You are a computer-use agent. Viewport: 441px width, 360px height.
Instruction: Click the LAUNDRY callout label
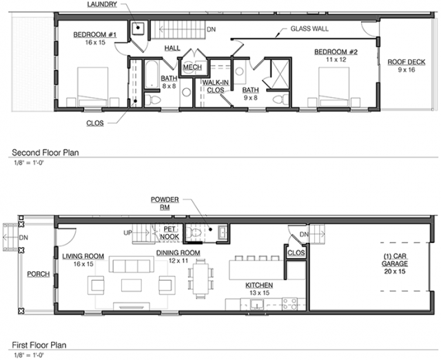point(102,5)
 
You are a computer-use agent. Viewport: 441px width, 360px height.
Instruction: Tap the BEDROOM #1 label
point(95,35)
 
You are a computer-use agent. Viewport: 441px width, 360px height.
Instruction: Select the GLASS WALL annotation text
point(309,29)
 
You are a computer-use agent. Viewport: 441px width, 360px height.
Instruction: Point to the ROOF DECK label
point(407,62)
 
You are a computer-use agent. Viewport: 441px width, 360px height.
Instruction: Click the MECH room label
point(192,67)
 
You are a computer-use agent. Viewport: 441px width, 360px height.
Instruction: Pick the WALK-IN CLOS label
point(216,86)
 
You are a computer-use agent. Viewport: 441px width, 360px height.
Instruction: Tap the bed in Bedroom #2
point(334,87)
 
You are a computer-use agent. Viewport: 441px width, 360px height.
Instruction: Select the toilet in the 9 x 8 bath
point(280,100)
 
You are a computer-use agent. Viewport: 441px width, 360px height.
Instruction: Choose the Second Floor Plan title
point(45,153)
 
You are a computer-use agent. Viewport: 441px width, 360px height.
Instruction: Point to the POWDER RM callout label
point(165,203)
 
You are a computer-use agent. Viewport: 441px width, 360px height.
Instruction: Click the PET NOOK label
point(170,233)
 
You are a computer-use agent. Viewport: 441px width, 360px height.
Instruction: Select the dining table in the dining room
point(201,279)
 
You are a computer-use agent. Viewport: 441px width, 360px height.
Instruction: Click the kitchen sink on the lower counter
point(257,305)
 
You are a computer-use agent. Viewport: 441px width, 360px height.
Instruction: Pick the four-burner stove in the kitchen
point(289,304)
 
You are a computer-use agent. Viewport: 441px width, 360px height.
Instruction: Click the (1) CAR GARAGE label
point(395,264)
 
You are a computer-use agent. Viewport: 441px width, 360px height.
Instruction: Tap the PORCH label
point(39,274)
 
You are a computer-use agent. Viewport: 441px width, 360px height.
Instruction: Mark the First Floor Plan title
point(39,345)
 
